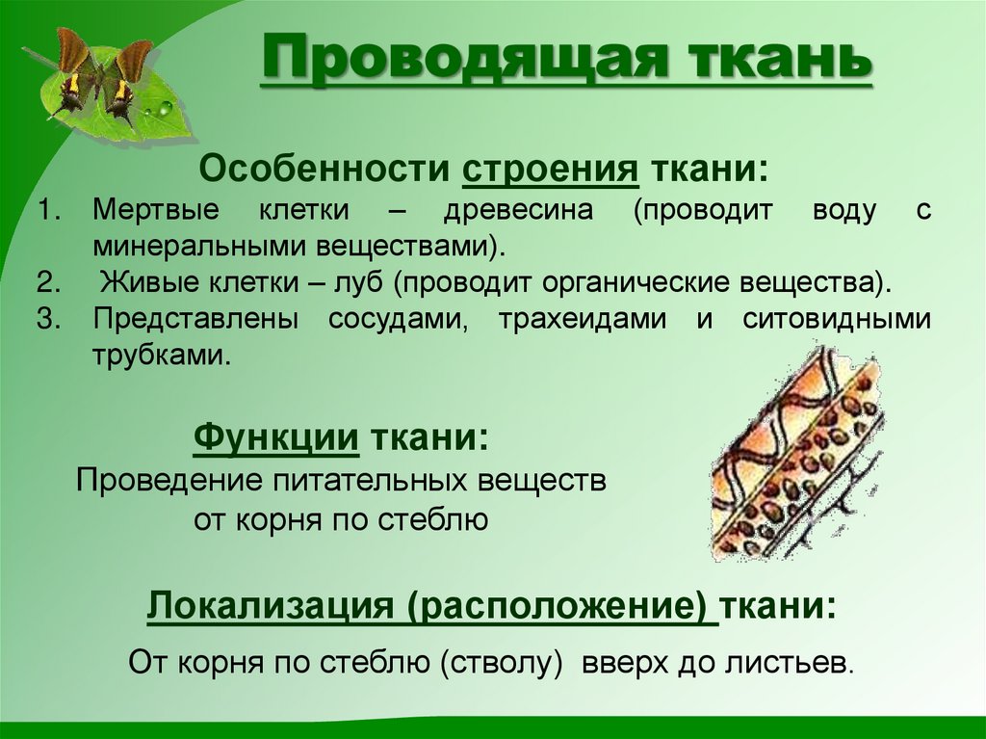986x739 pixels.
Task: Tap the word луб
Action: pos(359,284)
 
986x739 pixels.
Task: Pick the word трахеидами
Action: pos(582,320)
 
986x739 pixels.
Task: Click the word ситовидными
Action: pos(837,320)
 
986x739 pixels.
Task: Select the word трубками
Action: pos(162,355)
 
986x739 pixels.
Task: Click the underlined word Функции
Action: pos(277,439)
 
